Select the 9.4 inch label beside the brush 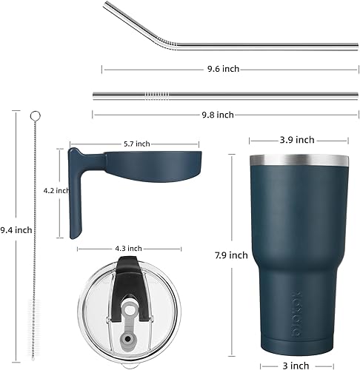16,230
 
